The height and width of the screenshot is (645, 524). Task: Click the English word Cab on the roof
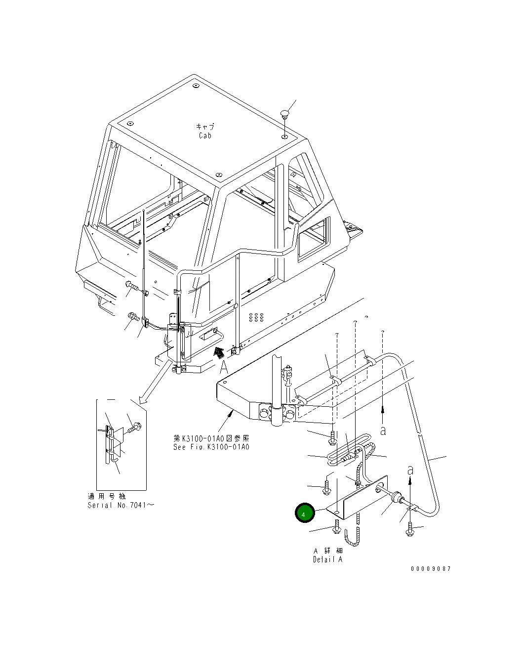click(205, 135)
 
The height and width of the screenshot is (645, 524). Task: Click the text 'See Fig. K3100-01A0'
click(211, 447)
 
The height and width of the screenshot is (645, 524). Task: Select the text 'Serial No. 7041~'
click(121, 505)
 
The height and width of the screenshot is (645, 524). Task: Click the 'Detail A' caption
click(327, 559)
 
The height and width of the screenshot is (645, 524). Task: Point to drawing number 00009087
click(431, 569)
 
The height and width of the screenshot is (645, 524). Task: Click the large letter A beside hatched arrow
click(224, 367)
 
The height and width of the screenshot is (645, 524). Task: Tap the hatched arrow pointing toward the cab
click(218, 351)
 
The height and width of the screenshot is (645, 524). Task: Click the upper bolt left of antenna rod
click(130, 285)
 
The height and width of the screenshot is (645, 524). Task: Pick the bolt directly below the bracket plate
click(336, 527)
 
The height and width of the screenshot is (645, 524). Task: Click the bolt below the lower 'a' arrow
click(410, 530)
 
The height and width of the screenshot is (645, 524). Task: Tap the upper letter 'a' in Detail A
click(383, 430)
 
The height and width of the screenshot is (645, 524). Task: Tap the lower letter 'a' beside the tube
click(410, 471)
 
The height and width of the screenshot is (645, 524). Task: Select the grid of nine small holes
click(256, 316)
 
